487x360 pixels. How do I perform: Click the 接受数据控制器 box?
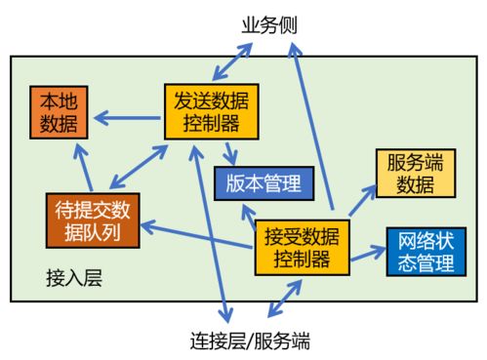302,247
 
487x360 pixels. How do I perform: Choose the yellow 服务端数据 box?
415,174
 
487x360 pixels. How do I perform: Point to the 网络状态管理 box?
422,252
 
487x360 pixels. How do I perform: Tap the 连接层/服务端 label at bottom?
264,341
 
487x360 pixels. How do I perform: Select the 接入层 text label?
74,278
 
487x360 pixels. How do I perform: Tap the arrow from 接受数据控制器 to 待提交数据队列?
199,234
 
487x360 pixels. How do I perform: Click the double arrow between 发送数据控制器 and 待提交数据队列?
136,167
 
